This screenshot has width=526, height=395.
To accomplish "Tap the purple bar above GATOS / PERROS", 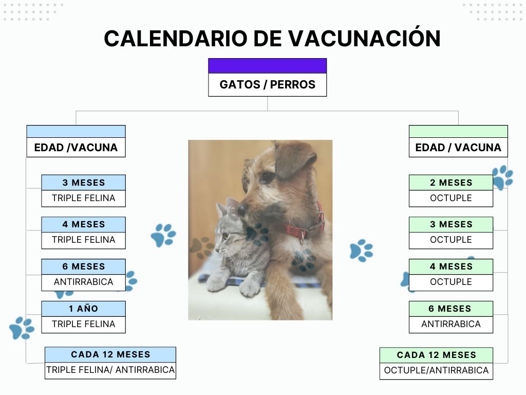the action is [267, 66].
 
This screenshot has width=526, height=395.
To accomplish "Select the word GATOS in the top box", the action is [240, 85].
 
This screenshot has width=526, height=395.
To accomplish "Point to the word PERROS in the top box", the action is [292, 85].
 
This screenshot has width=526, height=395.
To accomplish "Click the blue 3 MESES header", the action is [84, 183].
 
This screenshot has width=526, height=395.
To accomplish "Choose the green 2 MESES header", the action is [451, 183].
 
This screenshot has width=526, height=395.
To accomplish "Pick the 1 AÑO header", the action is [84, 309].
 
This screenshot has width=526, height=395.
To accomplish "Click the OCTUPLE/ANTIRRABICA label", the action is [436, 370].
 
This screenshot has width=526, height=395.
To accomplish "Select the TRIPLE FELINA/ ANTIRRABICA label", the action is [110, 370].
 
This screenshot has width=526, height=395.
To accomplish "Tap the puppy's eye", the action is [267, 177].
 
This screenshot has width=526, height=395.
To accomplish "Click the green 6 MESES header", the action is [451, 309].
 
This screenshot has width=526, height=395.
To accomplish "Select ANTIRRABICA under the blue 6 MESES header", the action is [84, 282].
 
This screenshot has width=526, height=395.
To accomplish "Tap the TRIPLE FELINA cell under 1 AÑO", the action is [84, 325].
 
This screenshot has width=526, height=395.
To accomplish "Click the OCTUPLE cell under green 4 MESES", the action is [451, 282].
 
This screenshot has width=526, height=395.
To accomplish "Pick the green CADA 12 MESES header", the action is [436, 355].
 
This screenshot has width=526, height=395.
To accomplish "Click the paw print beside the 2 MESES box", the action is [503, 177].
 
